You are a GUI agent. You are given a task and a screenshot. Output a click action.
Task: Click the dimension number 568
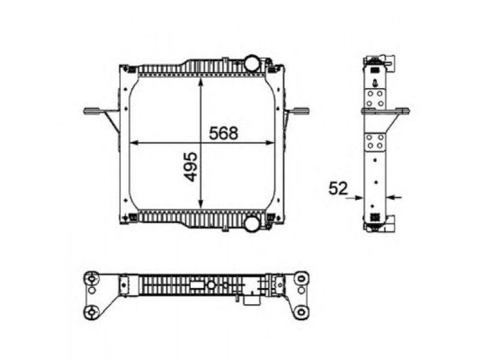coord(223,133)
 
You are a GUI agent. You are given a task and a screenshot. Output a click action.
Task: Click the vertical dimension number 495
coord(191,167)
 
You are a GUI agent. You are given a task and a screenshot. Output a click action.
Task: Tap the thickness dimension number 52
coord(338,188)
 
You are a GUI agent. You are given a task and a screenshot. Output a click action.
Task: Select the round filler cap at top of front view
coord(251,63)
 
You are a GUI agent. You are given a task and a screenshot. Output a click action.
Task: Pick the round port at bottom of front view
coord(252,224)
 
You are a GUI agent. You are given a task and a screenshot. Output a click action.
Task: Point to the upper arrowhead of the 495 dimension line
coord(200,82)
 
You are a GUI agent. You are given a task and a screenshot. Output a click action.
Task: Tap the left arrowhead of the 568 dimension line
coord(134,143)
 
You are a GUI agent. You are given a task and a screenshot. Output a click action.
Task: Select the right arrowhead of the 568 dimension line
coord(269,143)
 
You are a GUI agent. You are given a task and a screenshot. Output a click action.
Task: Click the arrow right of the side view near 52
coord(394,197)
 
